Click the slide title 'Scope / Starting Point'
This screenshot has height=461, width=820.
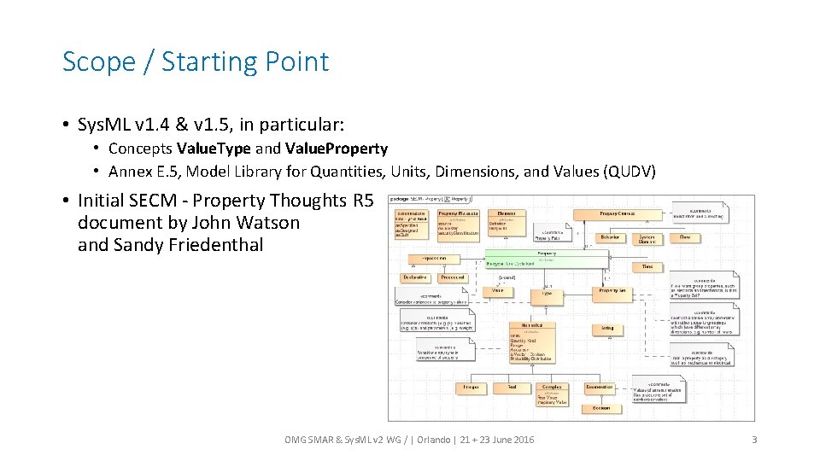pos(196,62)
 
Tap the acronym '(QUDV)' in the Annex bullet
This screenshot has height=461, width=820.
pos(629,172)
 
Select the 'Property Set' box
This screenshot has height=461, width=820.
pos(612,291)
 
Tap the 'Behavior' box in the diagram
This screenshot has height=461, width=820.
pos(610,237)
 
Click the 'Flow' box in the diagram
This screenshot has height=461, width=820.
pos(685,237)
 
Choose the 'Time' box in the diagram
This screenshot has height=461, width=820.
pos(647,267)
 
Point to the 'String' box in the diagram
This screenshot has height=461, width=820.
pos(606,328)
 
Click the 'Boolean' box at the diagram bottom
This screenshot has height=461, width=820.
pos(601,409)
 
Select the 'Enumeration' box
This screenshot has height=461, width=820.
pos(600,388)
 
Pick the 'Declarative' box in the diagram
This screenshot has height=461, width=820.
pos(415,277)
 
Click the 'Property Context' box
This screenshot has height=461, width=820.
pos(617,213)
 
